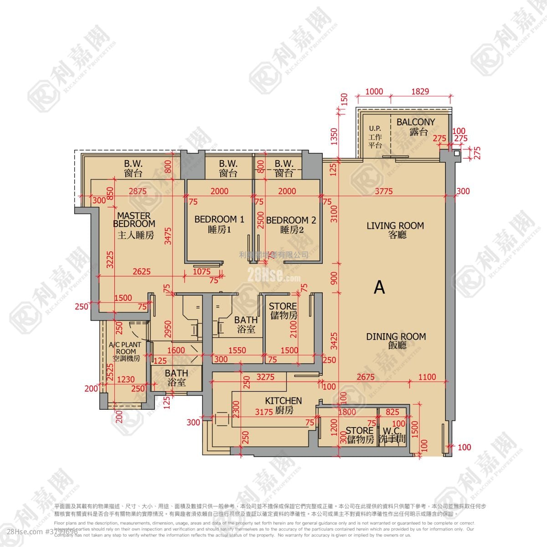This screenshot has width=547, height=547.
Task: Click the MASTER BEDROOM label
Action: click(134, 220)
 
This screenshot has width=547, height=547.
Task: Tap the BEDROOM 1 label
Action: click(219, 219)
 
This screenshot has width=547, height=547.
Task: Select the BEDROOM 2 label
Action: click(291, 220)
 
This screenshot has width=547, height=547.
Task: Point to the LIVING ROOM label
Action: click(395, 226)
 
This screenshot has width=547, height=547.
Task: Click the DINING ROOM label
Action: click(396, 337)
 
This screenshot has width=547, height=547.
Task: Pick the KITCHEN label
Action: click(284, 401)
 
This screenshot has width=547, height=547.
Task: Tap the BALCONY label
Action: click(415, 122)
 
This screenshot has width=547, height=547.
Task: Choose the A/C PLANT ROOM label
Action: click(125, 348)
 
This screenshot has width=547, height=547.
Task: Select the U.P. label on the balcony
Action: click(375, 129)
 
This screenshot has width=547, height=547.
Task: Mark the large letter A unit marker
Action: click(379, 288)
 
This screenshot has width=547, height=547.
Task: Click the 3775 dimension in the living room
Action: click(383, 191)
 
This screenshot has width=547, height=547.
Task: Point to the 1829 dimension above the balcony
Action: click(420, 92)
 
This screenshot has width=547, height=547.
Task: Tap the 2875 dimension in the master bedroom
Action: click(138, 191)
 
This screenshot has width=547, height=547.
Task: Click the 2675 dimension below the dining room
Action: click(365, 377)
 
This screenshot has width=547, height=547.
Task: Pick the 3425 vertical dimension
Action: click(334, 339)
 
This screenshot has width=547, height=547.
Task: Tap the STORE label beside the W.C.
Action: click(359, 431)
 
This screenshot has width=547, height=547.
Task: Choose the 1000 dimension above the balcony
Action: click(374, 92)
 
